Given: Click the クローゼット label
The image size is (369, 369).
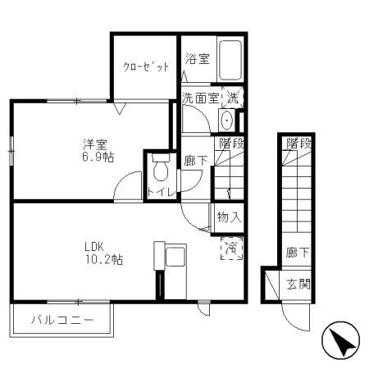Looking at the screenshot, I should [146, 67].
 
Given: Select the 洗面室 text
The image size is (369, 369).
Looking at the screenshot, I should [200, 98].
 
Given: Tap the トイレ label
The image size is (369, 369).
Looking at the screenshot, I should [158, 193].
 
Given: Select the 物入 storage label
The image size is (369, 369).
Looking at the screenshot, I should [228, 217].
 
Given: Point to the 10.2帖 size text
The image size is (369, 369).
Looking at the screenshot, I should [102, 260].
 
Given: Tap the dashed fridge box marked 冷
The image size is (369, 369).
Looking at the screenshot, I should [231, 247].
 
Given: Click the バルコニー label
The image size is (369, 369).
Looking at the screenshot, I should [63, 320].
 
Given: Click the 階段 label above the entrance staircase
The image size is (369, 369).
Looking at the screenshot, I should [298, 143].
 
